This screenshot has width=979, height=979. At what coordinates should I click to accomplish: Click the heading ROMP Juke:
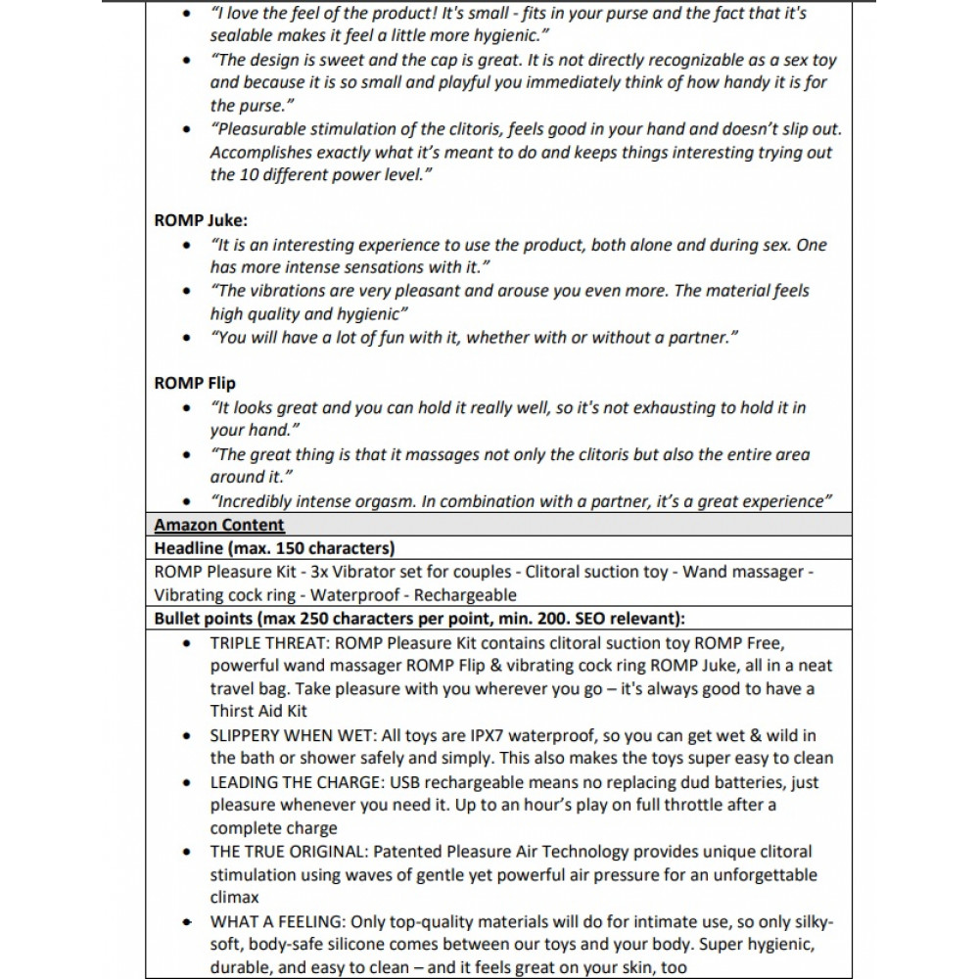(201, 220)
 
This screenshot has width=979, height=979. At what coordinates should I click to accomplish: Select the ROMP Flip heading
(195, 383)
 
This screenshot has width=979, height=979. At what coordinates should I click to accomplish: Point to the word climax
(236, 898)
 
